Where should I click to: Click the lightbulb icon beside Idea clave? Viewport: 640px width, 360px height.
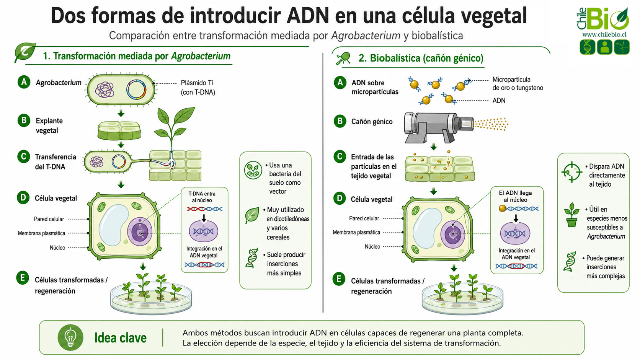coord(70,338)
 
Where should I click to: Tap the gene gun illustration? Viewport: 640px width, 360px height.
coord(439,127)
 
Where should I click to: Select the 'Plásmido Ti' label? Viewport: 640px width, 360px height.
coord(197,83)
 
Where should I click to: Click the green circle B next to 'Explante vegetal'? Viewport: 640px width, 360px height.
coord(24,120)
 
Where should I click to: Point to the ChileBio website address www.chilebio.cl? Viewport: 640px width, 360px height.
coord(604,34)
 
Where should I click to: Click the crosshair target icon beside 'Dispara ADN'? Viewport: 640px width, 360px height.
coord(571,172)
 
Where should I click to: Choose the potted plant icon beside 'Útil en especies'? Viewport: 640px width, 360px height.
coord(571,215)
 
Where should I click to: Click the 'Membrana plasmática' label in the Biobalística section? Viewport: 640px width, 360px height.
coord(356,232)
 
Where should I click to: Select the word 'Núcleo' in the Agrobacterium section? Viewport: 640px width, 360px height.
coord(57,248)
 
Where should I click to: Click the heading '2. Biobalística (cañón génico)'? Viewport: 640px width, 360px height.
coord(421,58)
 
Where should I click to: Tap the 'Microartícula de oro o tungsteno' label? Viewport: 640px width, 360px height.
coord(518,84)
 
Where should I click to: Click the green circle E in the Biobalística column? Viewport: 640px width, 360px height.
coord(339,279)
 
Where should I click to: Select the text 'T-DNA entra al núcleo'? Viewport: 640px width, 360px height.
coord(202,197)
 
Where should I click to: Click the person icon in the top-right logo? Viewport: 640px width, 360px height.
coord(604,47)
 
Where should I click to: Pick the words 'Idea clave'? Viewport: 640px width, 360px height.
coord(120,338)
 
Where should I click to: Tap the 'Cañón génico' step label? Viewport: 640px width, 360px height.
coord(372,122)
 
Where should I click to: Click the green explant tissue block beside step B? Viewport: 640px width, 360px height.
coord(119,130)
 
